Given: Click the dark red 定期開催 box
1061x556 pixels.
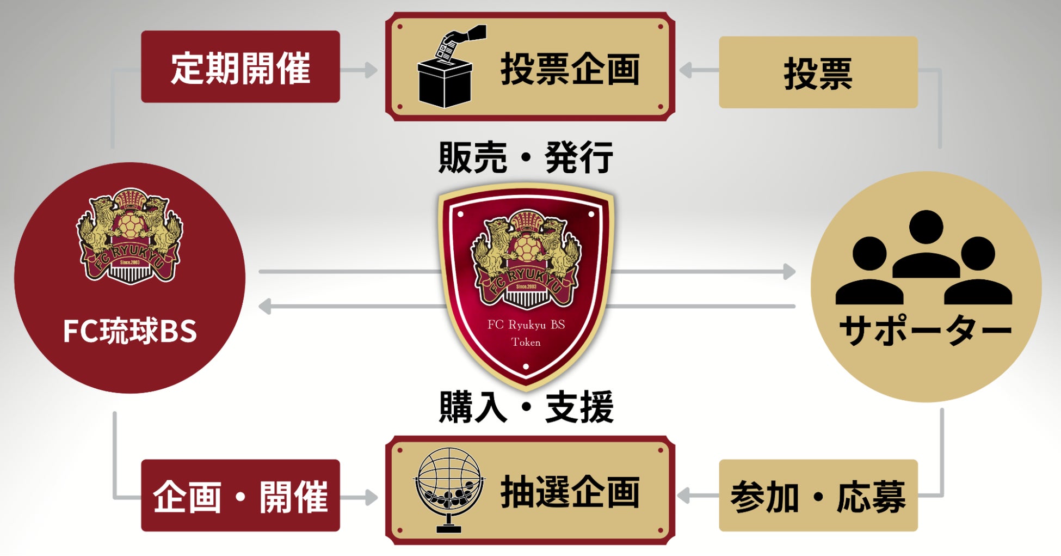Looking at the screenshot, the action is point(240,67).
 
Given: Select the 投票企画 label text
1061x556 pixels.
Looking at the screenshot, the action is point(570,69).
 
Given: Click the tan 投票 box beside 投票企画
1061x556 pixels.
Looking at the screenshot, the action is point(818,72).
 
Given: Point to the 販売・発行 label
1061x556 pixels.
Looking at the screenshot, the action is point(526,157).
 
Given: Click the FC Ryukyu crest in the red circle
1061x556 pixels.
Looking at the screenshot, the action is point(129,236).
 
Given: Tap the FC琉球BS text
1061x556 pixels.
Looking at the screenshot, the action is point(129,331).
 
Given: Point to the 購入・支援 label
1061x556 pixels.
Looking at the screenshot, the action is point(526,407).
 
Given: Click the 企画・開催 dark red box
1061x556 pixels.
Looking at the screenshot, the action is point(240,496).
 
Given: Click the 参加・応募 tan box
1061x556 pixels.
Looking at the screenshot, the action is point(818,496).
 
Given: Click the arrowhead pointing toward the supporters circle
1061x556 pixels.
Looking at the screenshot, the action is point(789,271).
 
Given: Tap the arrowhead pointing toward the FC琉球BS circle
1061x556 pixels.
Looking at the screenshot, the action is point(265,306).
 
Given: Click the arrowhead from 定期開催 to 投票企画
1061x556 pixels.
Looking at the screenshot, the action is point(371,70).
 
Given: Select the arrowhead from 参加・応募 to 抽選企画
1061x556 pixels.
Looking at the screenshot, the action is point(684,496).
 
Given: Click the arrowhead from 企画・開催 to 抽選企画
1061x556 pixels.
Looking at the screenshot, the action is point(371,497).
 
